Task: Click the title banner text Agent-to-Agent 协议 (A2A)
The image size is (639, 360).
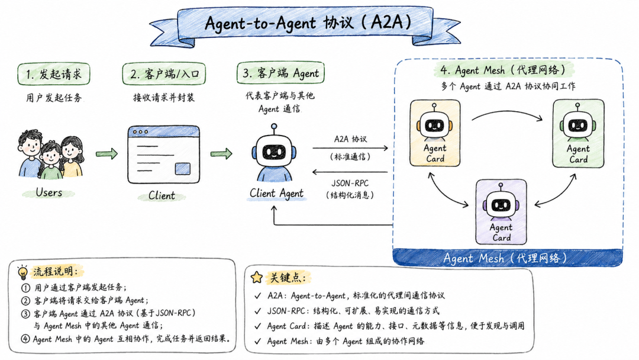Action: (x=308, y=22)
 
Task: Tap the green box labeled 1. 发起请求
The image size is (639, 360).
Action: (x=54, y=74)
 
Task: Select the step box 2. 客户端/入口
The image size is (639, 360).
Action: (x=164, y=74)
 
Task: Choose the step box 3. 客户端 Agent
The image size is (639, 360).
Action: (x=280, y=73)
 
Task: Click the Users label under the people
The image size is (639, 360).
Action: (x=49, y=192)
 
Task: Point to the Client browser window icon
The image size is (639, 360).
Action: (x=164, y=155)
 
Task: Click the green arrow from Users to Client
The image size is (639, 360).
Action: (x=106, y=154)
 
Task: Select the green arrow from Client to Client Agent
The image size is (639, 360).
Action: (x=221, y=154)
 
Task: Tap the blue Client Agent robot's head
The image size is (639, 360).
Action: (x=274, y=151)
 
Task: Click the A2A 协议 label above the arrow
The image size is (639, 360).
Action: (x=350, y=139)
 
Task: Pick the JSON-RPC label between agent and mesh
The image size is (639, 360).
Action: (x=350, y=184)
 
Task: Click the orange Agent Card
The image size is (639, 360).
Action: (x=435, y=133)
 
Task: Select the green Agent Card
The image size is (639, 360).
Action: (x=578, y=133)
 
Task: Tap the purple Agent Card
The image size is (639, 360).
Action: (x=501, y=211)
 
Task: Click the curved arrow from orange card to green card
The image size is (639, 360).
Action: (x=508, y=112)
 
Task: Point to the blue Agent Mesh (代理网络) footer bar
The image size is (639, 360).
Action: (x=508, y=258)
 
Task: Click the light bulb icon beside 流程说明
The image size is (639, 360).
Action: (x=23, y=272)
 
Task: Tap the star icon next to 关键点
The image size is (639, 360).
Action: (x=257, y=277)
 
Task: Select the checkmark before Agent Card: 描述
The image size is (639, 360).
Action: (x=257, y=326)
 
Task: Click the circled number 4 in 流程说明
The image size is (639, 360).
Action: (x=25, y=339)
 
